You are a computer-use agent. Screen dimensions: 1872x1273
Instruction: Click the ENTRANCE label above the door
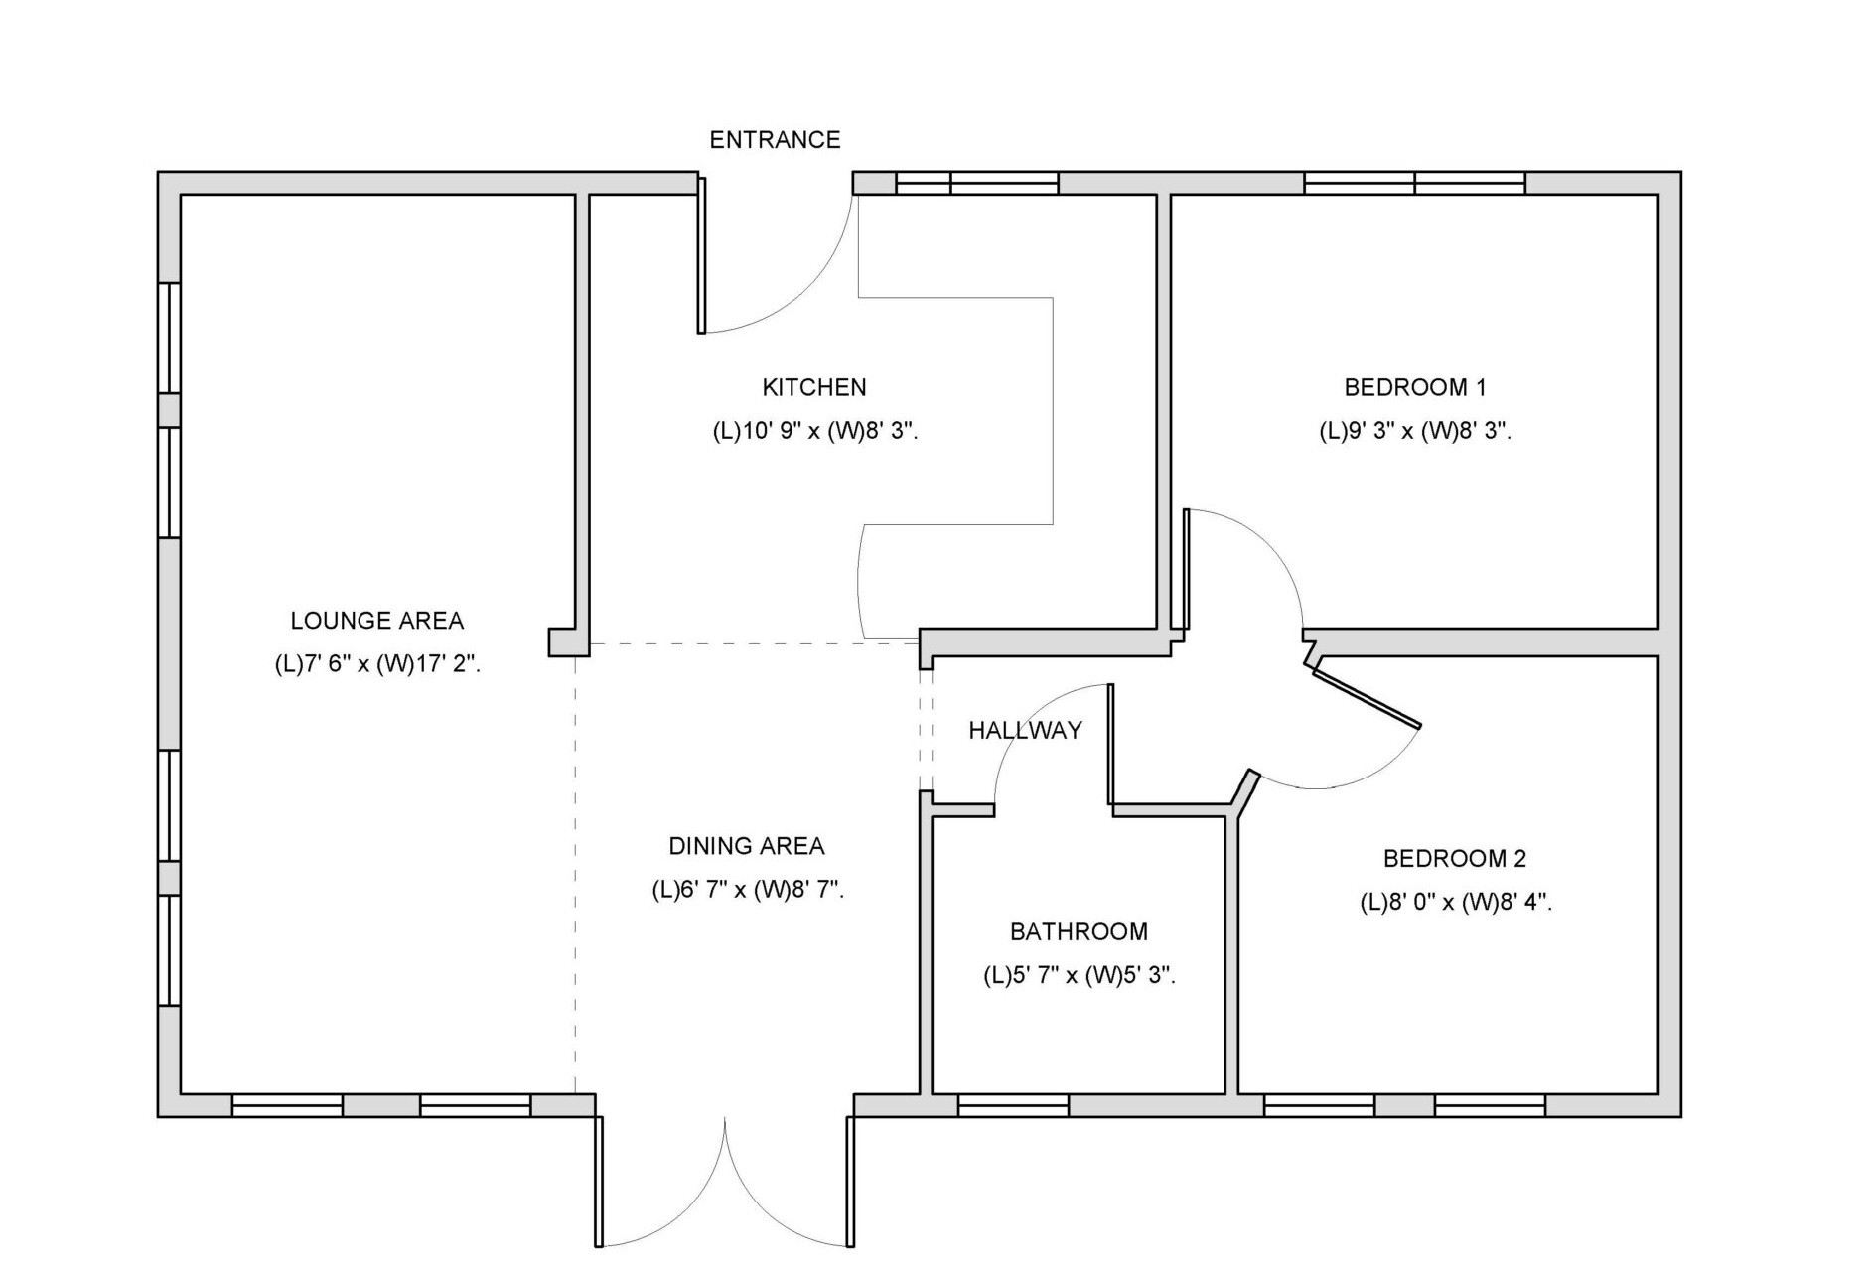[x=775, y=140]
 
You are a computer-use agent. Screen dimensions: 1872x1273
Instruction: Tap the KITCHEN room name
[x=814, y=387]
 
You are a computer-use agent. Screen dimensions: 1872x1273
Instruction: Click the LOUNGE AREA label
[x=377, y=621]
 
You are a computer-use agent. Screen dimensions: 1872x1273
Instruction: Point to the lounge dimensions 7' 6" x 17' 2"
[x=377, y=665]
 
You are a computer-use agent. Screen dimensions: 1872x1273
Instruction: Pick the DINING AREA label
[x=747, y=846]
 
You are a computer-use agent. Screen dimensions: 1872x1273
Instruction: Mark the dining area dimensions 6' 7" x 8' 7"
[x=748, y=890]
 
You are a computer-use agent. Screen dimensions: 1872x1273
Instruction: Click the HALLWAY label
[x=1025, y=731]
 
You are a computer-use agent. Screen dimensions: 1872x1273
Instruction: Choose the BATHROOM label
[x=1079, y=931]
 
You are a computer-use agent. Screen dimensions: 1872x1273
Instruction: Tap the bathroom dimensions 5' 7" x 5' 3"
[x=1080, y=976]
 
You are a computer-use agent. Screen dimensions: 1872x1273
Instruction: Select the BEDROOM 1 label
[x=1415, y=387]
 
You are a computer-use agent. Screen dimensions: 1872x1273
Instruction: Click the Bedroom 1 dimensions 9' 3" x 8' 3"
[x=1415, y=432]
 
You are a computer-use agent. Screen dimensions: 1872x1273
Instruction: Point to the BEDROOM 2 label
[x=1455, y=858]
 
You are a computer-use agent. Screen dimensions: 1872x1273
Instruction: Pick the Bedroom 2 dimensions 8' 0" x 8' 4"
[x=1456, y=903]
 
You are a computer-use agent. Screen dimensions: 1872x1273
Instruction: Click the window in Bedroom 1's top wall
[x=1414, y=183]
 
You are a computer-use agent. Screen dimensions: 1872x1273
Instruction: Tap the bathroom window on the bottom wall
[x=1013, y=1105]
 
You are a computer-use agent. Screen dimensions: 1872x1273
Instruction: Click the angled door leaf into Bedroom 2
[x=1368, y=698]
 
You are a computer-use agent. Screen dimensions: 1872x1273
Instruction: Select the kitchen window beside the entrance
[x=977, y=183]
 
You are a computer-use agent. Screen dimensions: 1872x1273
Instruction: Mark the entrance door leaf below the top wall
[x=702, y=255]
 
